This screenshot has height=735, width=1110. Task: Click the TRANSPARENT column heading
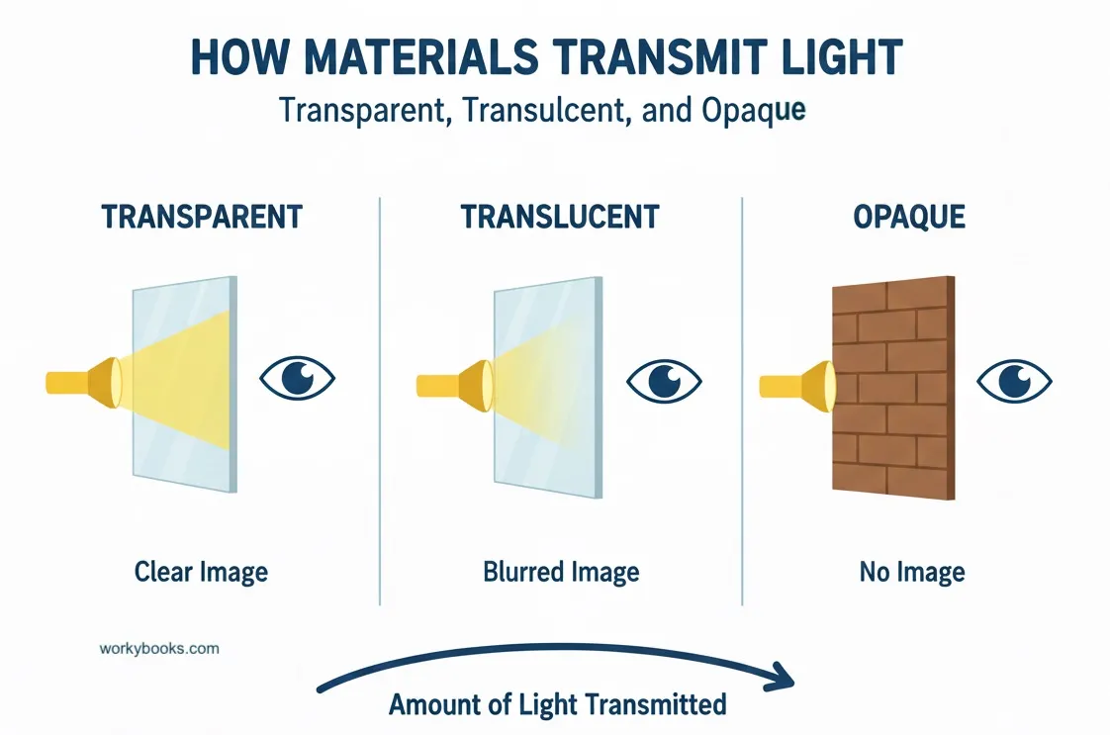pos(202,217)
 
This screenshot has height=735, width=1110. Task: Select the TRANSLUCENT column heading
pos(560,217)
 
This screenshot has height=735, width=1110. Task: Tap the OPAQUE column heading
pos(909,217)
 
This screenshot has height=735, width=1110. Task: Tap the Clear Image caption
pos(202,571)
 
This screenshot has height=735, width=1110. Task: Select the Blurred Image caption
pos(561,571)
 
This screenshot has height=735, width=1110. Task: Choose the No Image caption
pos(912,571)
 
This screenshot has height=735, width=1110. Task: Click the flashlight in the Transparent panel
pos(85,381)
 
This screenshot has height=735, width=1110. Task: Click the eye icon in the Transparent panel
pos(297,377)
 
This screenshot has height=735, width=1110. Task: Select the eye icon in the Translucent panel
pos(664,379)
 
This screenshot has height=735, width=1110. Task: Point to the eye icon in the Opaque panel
pos(1014,379)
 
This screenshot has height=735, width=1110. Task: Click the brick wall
pos(889,386)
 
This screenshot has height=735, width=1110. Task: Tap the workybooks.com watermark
pos(159,649)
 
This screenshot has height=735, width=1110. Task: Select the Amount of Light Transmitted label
pos(558,704)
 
